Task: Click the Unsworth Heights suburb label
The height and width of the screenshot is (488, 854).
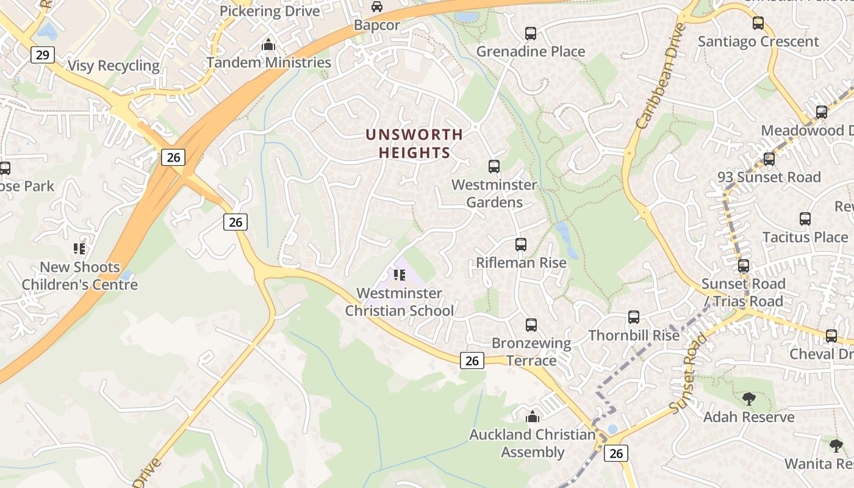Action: [x=414, y=143]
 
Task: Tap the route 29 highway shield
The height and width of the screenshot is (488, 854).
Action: [x=42, y=56]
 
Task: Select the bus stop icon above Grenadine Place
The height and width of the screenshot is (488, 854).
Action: [x=531, y=34]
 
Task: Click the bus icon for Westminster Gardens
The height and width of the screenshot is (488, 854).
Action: [x=494, y=166]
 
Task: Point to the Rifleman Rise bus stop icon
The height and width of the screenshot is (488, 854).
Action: [x=521, y=245]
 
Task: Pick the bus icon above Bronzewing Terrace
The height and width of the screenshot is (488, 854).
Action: [x=531, y=325]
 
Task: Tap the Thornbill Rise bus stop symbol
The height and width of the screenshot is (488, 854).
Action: [x=634, y=317]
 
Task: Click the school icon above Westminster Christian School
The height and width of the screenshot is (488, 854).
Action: [x=400, y=275]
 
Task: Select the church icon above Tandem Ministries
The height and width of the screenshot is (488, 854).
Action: [x=268, y=45]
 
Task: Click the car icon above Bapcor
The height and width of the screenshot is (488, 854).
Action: [x=377, y=7]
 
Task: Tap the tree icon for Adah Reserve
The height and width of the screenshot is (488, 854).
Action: [x=748, y=399]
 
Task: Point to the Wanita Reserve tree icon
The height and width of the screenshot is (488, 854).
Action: [x=836, y=445]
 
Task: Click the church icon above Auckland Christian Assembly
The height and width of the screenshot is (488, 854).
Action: [x=533, y=417]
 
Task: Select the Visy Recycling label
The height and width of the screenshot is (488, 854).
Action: [x=113, y=66]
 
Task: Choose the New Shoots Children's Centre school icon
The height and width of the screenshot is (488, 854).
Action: [x=79, y=248]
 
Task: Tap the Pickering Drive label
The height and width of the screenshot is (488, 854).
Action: [x=270, y=11]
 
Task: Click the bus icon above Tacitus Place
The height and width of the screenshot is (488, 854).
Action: [x=805, y=219]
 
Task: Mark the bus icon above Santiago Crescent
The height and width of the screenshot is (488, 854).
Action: [x=758, y=23]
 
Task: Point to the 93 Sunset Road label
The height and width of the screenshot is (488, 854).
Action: [x=769, y=177]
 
